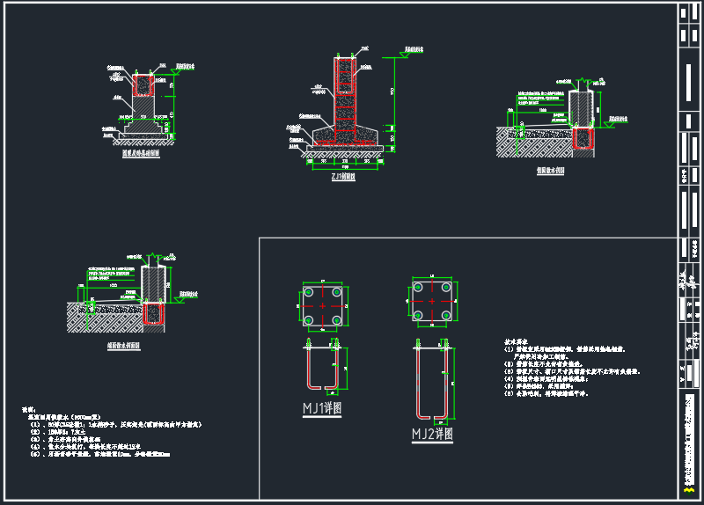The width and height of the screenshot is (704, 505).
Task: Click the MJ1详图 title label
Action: point(322,408)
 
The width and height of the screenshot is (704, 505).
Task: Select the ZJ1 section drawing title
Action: point(343,176)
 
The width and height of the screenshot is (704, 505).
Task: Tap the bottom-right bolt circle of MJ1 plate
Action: point(339,318)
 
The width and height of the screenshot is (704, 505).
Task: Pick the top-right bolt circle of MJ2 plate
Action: point(447,289)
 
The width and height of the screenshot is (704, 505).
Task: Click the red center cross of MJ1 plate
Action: point(324,305)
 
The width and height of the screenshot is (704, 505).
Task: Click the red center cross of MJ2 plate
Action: point(432,302)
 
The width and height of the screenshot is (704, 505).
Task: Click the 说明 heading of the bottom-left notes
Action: point(29,410)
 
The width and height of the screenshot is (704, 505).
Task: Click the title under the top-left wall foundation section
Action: point(141,152)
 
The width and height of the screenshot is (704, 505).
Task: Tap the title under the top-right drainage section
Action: point(550,170)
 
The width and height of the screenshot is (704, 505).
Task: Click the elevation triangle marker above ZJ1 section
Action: point(402,55)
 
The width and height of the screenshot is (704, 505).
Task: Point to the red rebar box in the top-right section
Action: point(582,138)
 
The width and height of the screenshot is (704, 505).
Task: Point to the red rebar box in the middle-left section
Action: point(154,314)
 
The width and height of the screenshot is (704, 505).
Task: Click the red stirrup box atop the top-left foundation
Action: point(143,84)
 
